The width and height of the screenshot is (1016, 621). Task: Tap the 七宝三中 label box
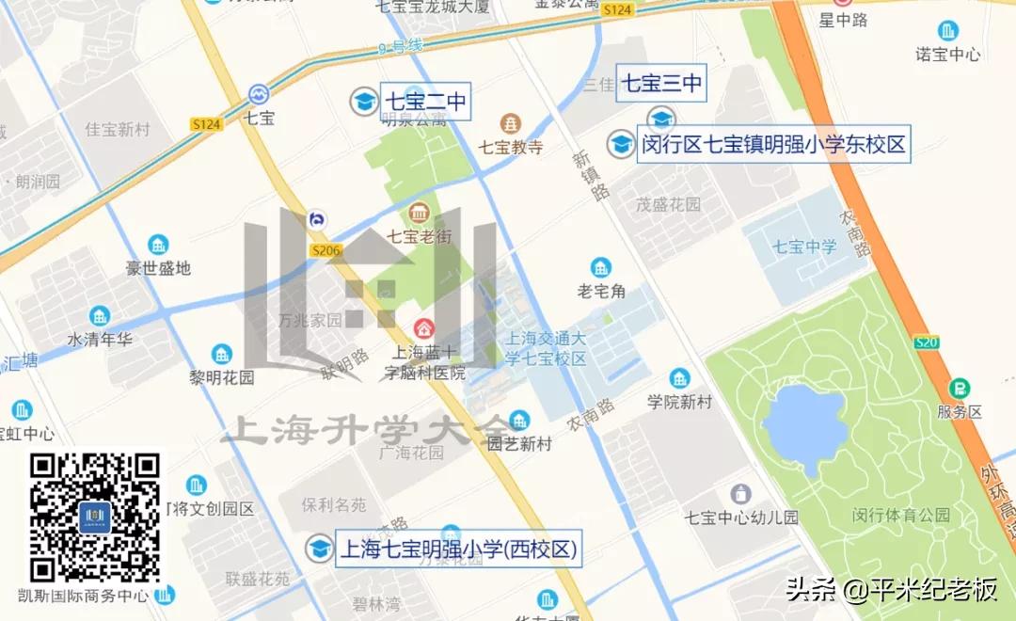(661, 84)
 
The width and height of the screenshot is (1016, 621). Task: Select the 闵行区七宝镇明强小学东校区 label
(773, 145)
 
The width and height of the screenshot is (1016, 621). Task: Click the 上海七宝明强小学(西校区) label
(457, 549)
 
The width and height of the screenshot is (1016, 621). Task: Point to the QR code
(95, 517)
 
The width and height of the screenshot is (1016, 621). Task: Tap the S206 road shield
(325, 250)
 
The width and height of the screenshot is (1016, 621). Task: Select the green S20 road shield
(927, 342)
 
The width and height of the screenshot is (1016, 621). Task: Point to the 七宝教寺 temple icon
(511, 123)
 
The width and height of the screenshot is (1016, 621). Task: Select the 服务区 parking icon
(960, 388)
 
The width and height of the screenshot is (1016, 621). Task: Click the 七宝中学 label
(804, 247)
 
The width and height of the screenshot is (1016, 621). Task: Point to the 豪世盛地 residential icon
(158, 245)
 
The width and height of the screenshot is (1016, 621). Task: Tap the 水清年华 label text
(100, 339)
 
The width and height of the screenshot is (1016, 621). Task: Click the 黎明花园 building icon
(222, 355)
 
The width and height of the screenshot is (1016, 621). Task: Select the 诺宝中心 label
(948, 55)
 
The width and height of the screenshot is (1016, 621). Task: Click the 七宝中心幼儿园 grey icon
(741, 493)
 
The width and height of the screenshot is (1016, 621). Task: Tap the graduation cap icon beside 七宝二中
(362, 102)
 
